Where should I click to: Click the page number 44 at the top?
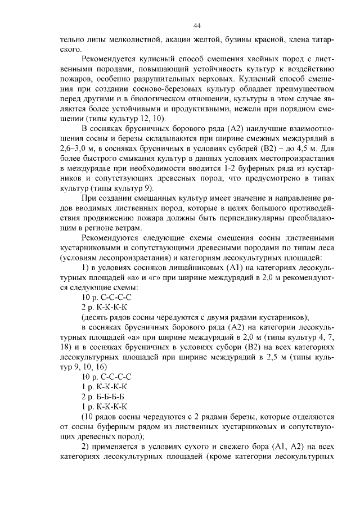click(197, 26)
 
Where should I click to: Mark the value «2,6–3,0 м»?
click(79, 148)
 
